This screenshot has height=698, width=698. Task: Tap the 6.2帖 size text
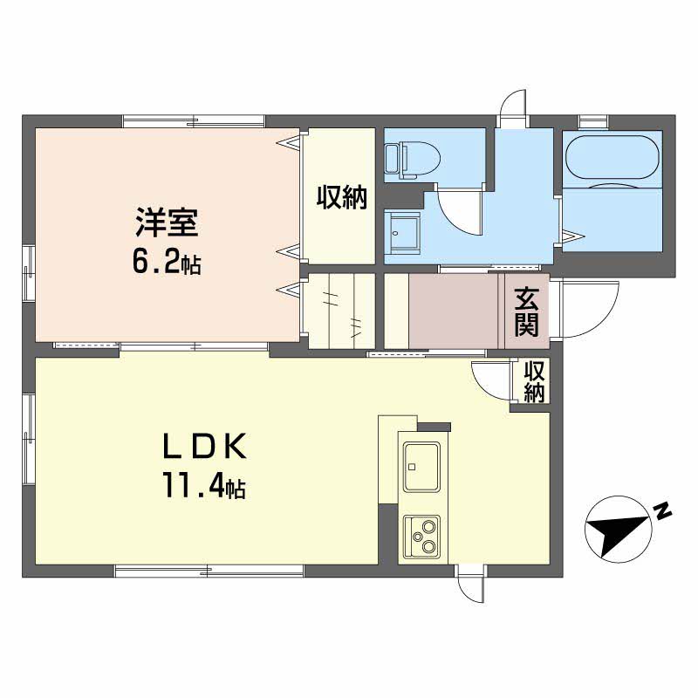(x=166, y=262)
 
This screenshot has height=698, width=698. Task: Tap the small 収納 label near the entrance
(x=534, y=382)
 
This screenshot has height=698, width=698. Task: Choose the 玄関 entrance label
(x=526, y=311)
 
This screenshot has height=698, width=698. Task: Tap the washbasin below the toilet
(x=403, y=230)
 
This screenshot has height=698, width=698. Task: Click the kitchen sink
(x=421, y=466)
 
